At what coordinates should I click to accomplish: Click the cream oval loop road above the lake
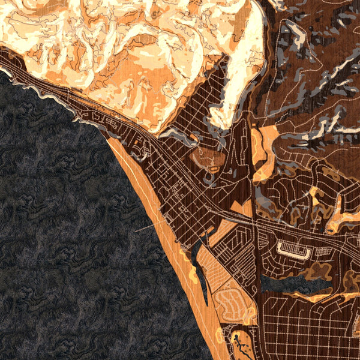pyautogui.click(x=293, y=251)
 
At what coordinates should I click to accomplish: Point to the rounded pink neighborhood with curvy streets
pyautogui.click(x=231, y=303)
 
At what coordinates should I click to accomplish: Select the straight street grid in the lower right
pyautogui.click(x=312, y=336)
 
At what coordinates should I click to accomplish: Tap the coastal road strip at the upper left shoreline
pyautogui.click(x=36, y=84)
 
